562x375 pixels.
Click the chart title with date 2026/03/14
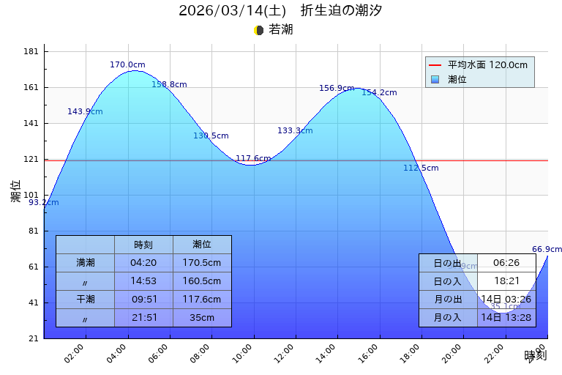280,11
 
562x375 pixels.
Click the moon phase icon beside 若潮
258,30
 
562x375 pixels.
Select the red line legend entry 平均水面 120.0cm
479,65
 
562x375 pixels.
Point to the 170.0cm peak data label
127,64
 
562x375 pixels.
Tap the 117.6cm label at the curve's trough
253,158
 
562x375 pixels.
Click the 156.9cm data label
337,88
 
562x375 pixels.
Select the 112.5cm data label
421,168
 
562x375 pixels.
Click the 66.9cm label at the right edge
547,249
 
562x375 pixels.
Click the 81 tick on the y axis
33,231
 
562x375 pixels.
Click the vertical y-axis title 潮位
16,191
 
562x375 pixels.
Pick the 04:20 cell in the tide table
143,262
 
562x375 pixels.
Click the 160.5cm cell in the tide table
202,281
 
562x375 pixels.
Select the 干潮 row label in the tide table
85,299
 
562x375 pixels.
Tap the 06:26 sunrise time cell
506,263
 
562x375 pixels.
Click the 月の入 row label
448,317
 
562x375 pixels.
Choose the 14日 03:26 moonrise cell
506,299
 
